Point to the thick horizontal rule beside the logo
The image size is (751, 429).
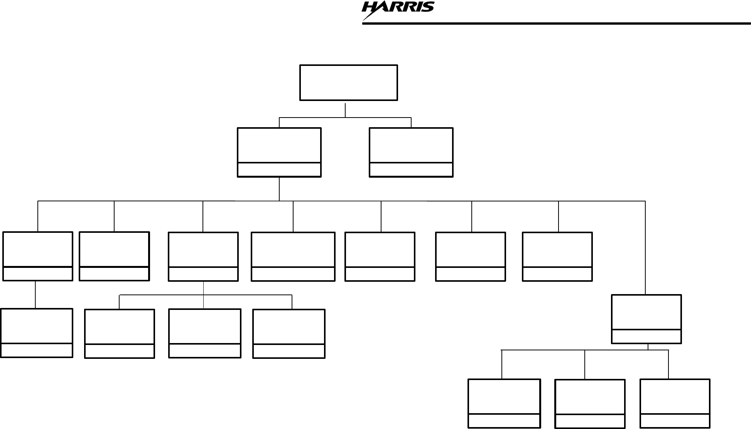[x=555, y=24]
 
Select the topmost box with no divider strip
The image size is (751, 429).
[x=348, y=82]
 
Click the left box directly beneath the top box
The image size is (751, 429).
[x=279, y=152]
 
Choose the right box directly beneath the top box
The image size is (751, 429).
[x=411, y=152]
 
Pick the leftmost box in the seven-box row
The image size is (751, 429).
[x=37, y=256]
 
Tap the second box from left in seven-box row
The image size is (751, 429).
[x=114, y=256]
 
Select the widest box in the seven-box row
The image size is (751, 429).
[x=293, y=256]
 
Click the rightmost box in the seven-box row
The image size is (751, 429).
[x=557, y=256]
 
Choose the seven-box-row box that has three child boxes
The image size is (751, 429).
[x=203, y=256]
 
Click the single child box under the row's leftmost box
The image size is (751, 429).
[x=36, y=333]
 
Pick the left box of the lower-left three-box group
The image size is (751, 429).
[x=120, y=333]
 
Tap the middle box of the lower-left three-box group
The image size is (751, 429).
[x=205, y=333]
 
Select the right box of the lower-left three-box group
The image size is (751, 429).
[x=289, y=333]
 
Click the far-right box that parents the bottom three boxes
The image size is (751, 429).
[x=646, y=319]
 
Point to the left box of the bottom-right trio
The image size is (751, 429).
[x=504, y=403]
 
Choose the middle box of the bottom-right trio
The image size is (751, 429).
[x=590, y=404]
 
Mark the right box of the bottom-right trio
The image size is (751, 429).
[x=675, y=403]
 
